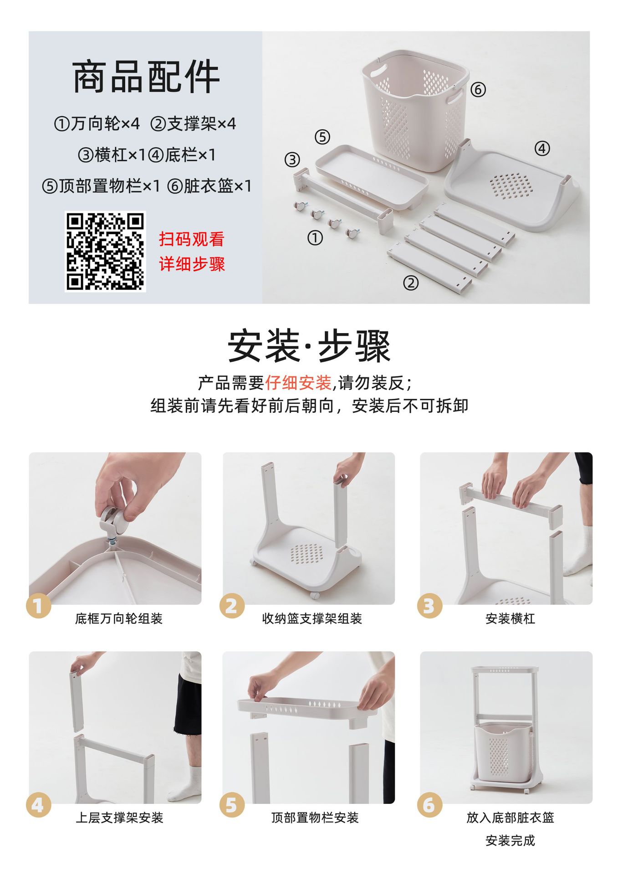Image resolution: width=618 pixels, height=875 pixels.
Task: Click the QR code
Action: point(105,251)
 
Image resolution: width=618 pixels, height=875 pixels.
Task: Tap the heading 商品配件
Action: point(146,77)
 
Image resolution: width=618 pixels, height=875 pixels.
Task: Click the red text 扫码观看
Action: point(192,239)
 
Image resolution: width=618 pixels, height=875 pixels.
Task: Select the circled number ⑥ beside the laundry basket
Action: point(478,89)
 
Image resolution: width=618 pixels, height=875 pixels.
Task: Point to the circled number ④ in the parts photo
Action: point(542,148)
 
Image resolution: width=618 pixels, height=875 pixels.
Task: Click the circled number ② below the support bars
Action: point(410,283)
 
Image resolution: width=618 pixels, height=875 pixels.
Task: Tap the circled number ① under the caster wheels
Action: point(315,237)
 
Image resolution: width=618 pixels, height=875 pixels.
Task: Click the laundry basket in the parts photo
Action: point(415,110)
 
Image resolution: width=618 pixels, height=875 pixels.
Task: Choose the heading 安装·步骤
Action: point(309,346)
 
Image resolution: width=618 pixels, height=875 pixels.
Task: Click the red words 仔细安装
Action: point(298,383)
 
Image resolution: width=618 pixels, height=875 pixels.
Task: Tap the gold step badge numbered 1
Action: point(39,606)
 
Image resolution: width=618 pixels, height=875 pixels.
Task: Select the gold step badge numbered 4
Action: point(39,805)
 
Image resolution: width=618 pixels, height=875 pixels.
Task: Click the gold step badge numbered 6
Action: point(429,805)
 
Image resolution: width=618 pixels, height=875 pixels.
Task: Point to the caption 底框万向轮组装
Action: point(119,618)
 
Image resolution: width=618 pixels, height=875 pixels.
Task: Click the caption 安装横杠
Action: point(510,618)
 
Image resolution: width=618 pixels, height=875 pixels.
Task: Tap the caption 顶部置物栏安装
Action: point(315,818)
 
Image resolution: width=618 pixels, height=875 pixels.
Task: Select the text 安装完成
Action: point(510,840)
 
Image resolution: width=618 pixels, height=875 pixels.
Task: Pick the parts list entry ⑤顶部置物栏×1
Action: point(101,186)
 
